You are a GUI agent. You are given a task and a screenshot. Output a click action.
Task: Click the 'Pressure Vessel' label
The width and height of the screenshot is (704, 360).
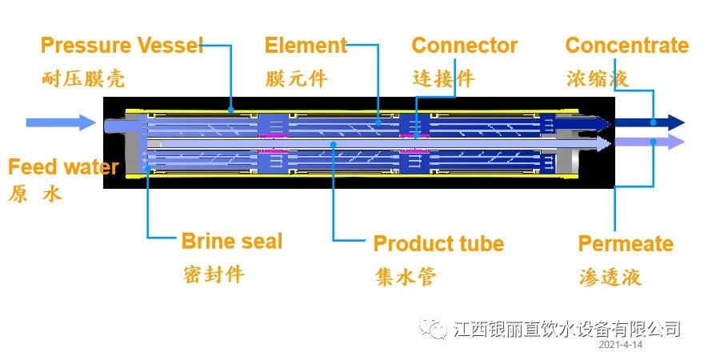pos(122,45)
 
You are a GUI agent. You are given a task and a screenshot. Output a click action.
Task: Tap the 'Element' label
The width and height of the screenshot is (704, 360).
pos(306,45)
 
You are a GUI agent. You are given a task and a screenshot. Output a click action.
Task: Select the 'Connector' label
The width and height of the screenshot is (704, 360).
pos(464,45)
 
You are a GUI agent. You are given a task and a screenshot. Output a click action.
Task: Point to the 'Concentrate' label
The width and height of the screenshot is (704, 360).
pos(626,45)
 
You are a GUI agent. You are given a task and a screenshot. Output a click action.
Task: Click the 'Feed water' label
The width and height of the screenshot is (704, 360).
pos(63,167)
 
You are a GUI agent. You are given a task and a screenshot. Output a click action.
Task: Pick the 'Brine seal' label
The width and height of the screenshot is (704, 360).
pos(231,241)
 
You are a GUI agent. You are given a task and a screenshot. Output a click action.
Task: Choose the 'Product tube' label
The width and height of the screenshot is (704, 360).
pos(438,243)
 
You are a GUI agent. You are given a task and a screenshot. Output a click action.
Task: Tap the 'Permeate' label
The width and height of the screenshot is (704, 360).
pos(626,243)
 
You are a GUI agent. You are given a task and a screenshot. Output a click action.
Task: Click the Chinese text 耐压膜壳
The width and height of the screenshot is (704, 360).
pos(83,79)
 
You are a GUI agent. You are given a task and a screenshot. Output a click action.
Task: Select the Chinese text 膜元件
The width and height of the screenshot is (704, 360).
pos(296,79)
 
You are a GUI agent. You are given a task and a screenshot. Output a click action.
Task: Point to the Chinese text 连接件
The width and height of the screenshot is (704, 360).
pos(443,79)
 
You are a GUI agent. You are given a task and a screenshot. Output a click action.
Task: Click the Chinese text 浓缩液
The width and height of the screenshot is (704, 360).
pos(597,79)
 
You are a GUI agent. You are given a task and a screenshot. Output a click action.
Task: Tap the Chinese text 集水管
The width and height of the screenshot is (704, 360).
pos(405,277)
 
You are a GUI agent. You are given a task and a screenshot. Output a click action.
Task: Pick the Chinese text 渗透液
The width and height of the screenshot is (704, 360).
pos(610,277)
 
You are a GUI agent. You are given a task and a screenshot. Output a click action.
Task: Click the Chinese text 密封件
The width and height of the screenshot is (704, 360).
pos(213,274)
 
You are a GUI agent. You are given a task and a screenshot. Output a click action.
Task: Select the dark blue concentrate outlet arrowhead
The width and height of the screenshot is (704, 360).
pos(676,122)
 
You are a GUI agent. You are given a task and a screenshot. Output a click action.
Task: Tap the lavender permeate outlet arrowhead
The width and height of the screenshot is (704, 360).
pos(676,142)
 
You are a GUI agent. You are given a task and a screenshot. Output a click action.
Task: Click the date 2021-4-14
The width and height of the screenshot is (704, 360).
pos(620,345)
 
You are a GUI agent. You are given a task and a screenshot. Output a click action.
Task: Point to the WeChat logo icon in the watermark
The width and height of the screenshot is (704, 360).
pos(436,328)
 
